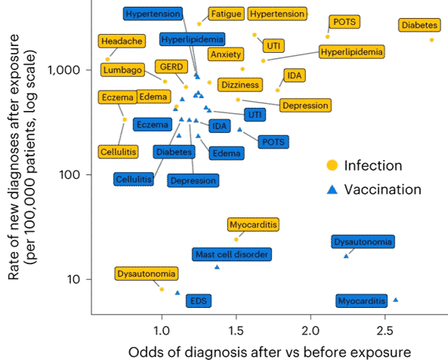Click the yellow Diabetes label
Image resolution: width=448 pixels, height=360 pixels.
tap(419, 25)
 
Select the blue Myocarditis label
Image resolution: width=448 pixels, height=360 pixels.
tap(361, 301)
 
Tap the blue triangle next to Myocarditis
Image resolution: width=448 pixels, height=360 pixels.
tap(396, 300)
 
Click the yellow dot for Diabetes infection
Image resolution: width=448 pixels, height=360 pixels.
tap(431, 40)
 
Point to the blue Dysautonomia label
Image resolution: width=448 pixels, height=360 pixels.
tap(363, 242)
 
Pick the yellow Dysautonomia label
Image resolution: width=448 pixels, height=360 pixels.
tap(147, 274)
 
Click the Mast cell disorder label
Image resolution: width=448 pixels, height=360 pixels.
tap(232, 254)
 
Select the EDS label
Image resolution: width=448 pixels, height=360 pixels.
tap(199, 301)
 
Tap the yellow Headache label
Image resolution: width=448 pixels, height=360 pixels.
tap(122, 41)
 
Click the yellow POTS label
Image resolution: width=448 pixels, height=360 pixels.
tap(344, 22)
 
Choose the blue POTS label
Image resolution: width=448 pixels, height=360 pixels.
tap(273, 142)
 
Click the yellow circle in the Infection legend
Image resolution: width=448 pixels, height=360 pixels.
tap(332, 165)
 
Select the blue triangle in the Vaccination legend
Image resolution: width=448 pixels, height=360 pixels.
tap(332, 190)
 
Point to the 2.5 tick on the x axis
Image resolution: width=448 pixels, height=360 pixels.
tap(385, 316)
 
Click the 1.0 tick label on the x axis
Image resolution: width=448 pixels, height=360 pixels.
tap(162, 331)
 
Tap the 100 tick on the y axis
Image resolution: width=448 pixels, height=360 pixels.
tap(89, 174)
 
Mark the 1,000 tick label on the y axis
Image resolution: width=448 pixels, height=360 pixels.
tap(63, 70)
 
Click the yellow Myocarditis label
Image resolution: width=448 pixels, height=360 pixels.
tap(253, 225)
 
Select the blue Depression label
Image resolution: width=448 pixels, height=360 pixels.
tap(193, 180)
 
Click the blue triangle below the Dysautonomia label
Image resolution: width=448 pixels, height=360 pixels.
tap(346, 257)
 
